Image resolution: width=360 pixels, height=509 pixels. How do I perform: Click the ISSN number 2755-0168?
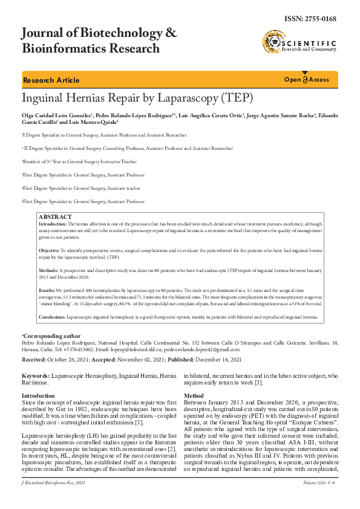[321, 19]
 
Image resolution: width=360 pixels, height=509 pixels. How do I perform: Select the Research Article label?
[51, 80]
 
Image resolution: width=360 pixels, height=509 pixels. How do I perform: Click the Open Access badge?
[307, 80]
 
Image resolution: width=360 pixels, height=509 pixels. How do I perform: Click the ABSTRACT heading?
[54, 217]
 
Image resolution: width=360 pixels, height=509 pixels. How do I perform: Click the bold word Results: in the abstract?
[47, 291]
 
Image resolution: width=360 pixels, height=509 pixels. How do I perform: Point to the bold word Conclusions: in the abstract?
[52, 317]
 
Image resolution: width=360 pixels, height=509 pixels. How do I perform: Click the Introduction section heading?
[38, 396]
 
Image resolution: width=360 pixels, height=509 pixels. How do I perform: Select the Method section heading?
[194, 396]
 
